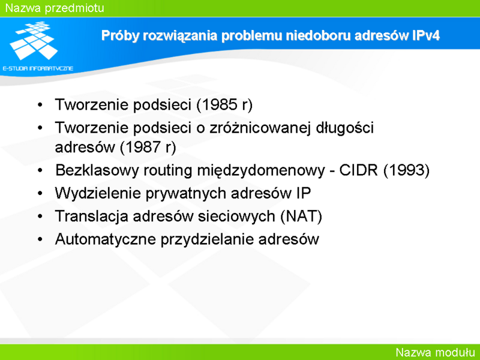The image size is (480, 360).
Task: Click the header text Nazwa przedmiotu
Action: pyautogui.click(x=55, y=8)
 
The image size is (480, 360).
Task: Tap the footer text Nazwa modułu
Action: pyautogui.click(x=435, y=352)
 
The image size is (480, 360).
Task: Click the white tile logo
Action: pyautogui.click(x=34, y=40)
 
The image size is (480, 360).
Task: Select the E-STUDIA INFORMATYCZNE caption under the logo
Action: pyautogui.click(x=38, y=68)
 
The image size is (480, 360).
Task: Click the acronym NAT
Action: pyautogui.click(x=302, y=216)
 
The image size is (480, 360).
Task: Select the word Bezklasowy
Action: pyautogui.click(x=97, y=171)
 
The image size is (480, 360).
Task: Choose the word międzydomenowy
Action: pyautogui.click(x=261, y=171)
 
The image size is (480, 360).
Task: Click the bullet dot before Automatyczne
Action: pyautogui.click(x=40, y=239)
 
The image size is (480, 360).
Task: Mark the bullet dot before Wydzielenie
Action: pyautogui.click(x=40, y=193)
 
